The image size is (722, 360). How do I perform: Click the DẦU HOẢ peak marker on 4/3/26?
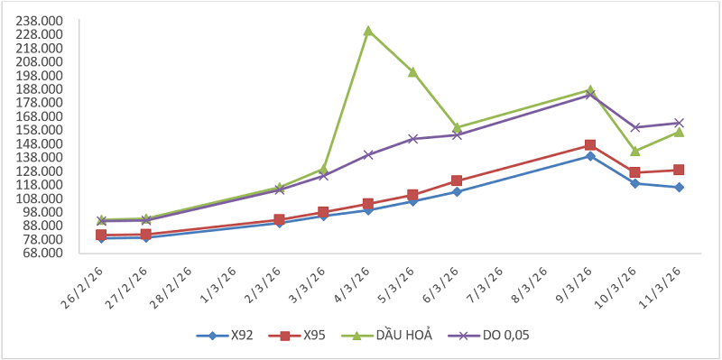click(x=368, y=31)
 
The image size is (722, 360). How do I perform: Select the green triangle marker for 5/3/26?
click(x=412, y=72)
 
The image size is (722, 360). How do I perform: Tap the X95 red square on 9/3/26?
click(x=590, y=145)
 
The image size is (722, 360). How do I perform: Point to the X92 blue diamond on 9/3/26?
click(x=590, y=156)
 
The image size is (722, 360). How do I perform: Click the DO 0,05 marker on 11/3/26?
click(x=680, y=123)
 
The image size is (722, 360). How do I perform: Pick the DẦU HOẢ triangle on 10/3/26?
click(x=635, y=151)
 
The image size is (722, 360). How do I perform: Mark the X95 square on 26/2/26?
click(x=101, y=235)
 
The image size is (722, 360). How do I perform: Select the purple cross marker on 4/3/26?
click(x=368, y=154)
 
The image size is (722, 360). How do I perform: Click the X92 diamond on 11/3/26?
click(x=680, y=188)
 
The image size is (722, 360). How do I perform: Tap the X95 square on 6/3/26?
click(x=457, y=180)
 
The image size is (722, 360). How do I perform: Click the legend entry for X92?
click(x=225, y=336)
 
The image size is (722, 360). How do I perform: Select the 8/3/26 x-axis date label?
click(x=529, y=283)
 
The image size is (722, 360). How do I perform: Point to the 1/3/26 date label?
click(x=218, y=283)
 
